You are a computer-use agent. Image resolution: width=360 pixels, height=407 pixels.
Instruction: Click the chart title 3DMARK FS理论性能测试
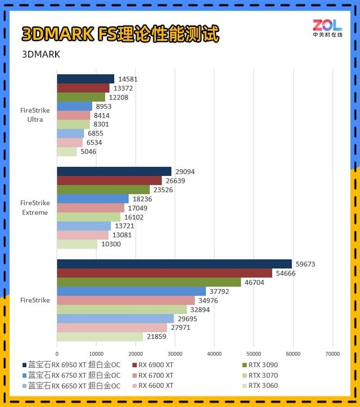pos(120,34)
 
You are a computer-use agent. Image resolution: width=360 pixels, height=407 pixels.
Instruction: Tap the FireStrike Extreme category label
pos(35,207)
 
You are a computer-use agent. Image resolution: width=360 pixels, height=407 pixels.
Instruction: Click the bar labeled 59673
pos(174,264)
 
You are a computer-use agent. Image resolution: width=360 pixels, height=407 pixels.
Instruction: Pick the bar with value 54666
pos(164,273)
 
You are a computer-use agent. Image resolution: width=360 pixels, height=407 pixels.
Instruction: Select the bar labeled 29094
pos(114,171)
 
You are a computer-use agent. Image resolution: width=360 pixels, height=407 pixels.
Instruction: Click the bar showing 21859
pos(100,337)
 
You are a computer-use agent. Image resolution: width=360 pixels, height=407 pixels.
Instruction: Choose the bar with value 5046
pos(67,151)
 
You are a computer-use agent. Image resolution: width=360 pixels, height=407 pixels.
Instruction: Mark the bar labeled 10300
pos(77,245)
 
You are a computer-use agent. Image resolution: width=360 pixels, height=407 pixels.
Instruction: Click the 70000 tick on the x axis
pos(332,354)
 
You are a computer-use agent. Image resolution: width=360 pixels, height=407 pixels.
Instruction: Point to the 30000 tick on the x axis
pos(175,354)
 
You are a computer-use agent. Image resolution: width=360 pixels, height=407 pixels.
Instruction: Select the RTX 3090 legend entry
pos(263,365)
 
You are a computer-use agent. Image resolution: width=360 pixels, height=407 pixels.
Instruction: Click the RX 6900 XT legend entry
pos(156,365)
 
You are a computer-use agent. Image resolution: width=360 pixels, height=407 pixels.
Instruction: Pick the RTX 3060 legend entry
pos(263,386)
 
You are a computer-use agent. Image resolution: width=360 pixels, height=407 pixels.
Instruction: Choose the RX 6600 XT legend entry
pos(156,386)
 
